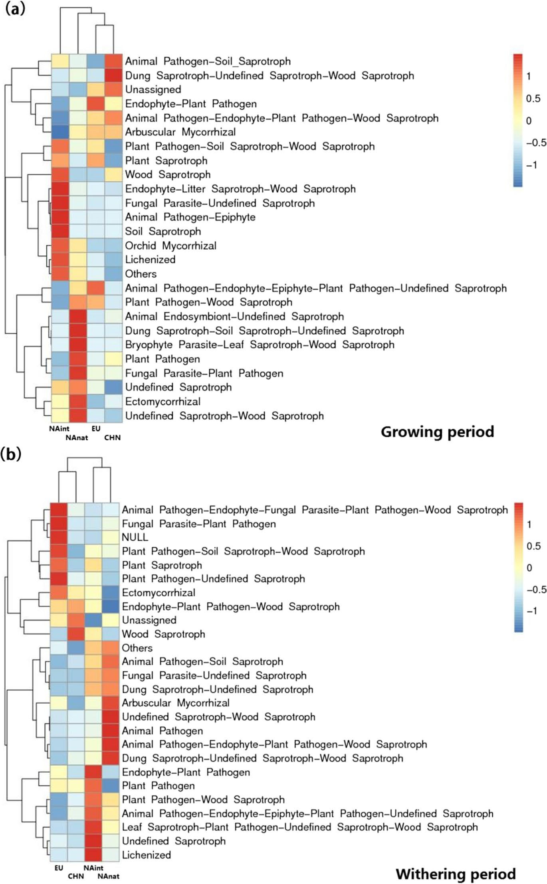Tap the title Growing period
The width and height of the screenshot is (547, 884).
click(437, 432)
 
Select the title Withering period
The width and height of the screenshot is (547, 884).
click(456, 874)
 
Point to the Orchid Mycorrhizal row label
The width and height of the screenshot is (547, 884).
click(170, 246)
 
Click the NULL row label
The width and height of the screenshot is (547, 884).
click(135, 537)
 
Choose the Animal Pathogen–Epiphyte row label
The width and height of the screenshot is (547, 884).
click(190, 217)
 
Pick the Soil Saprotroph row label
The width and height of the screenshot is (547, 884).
click(163, 231)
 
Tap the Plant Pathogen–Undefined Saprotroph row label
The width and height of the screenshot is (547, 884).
click(213, 579)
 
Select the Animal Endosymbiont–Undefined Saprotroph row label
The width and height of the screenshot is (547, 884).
click(234, 317)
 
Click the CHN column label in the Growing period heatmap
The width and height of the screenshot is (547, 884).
click(112, 438)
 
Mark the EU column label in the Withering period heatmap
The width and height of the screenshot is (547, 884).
click(59, 868)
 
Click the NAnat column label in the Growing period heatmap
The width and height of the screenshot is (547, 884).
click(77, 438)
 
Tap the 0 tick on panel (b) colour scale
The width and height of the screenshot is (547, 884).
click(529, 568)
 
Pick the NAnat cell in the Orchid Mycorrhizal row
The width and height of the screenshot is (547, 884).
click(78, 246)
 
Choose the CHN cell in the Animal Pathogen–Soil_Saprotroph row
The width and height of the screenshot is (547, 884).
click(113, 61)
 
